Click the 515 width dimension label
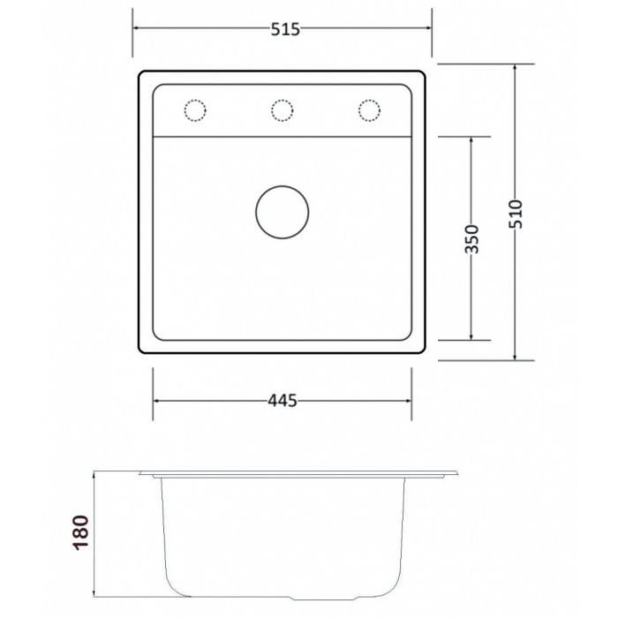point(285,29)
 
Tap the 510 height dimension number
point(515,214)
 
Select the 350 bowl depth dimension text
point(471,239)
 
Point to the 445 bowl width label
point(283,401)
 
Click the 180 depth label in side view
point(80,532)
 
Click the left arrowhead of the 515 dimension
point(136,28)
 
